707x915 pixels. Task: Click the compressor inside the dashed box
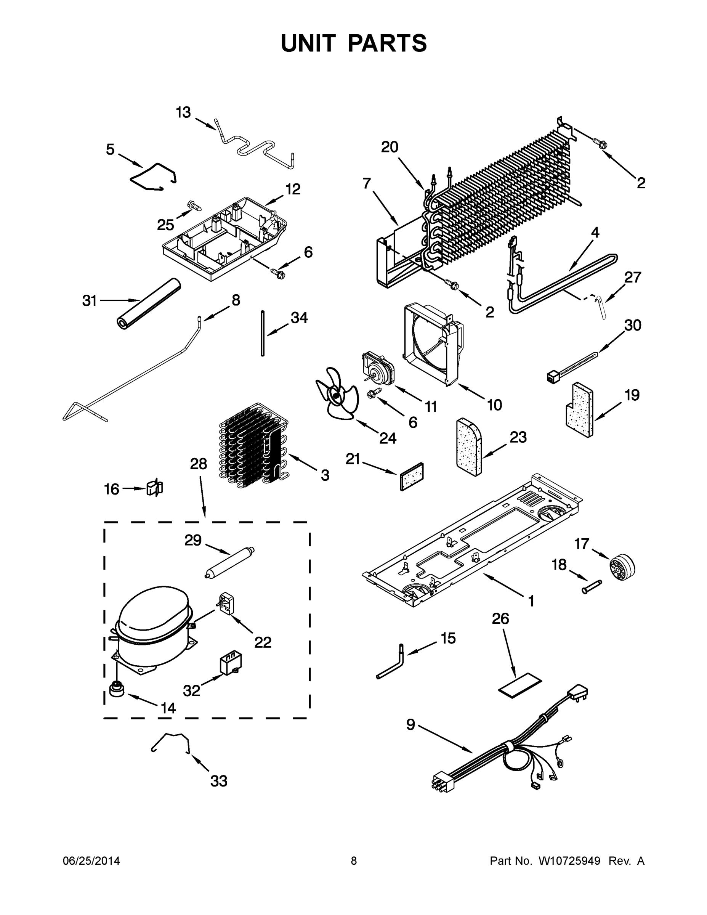[x=153, y=624]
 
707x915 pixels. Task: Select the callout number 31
[x=89, y=300]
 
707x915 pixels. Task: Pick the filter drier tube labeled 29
[x=229, y=563]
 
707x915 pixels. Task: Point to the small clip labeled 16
[x=155, y=488]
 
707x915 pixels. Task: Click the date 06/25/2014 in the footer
[x=91, y=860]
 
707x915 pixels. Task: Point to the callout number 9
[x=410, y=724]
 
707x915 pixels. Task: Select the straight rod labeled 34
[x=263, y=334]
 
